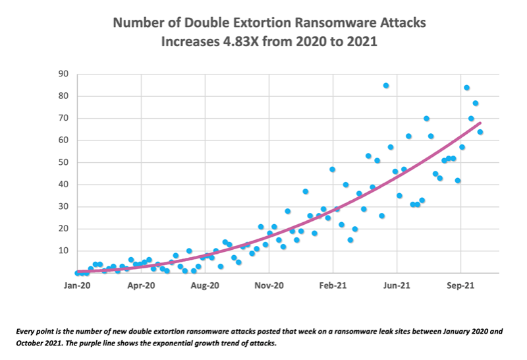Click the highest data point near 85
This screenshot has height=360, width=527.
coord(386,85)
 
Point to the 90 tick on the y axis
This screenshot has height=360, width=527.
coord(64,75)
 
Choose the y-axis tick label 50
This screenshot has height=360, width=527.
coord(64,163)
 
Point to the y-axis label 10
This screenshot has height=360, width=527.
coord(64,251)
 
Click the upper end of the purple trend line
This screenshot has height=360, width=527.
coord(480,123)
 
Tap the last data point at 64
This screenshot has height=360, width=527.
coord(480,132)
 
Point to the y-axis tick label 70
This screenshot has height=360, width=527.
coord(64,119)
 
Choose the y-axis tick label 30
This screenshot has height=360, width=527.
coord(64,207)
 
